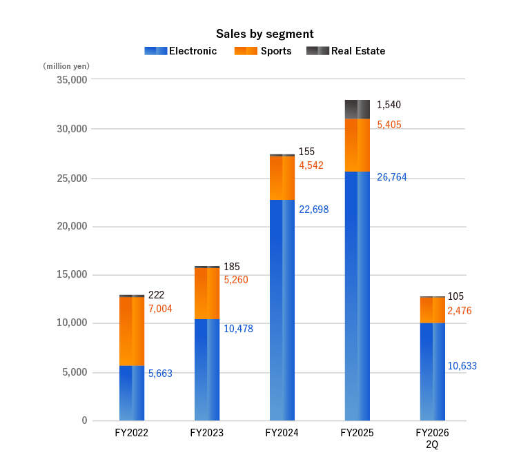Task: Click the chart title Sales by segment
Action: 265,33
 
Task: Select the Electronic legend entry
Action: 180,51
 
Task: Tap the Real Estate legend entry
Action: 346,51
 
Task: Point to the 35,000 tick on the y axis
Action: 70,79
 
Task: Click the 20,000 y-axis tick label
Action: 70,226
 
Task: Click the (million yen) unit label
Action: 66,66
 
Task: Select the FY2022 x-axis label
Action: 131,434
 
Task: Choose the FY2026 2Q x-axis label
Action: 432,438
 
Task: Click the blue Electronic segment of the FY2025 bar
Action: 357,296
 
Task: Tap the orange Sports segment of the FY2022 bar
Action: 132,331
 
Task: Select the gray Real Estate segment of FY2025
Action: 357,109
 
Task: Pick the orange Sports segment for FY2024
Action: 282,178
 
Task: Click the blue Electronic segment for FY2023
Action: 207,369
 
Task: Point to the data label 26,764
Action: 391,177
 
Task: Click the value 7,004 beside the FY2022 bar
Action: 160,309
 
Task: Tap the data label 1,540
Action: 389,105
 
